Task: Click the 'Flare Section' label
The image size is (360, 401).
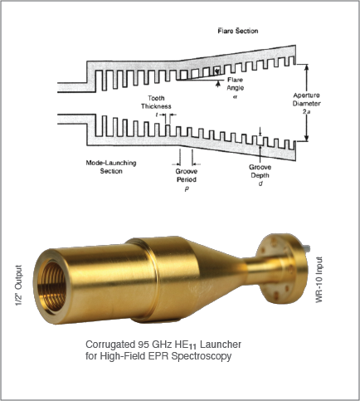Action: [238, 31]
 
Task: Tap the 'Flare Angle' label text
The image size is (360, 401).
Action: [236, 84]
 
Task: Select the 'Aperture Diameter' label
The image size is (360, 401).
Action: [307, 100]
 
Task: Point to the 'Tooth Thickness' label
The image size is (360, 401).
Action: [156, 102]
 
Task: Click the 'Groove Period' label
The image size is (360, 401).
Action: [187, 175]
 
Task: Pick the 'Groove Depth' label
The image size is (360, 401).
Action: [260, 171]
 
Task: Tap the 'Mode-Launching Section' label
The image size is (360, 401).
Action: [111, 167]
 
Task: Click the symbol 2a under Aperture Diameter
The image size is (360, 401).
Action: [307, 112]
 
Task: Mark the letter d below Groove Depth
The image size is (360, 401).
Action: [260, 183]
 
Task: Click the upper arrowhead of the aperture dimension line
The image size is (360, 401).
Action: [306, 66]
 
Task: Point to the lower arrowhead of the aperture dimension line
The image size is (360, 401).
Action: [306, 138]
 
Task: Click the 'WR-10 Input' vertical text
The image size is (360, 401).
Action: [319, 280]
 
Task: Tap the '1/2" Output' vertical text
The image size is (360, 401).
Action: [18, 286]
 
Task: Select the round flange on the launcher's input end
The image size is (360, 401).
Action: [282, 271]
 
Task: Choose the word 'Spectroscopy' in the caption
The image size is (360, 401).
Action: [202, 356]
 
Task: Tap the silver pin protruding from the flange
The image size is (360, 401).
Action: [307, 248]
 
